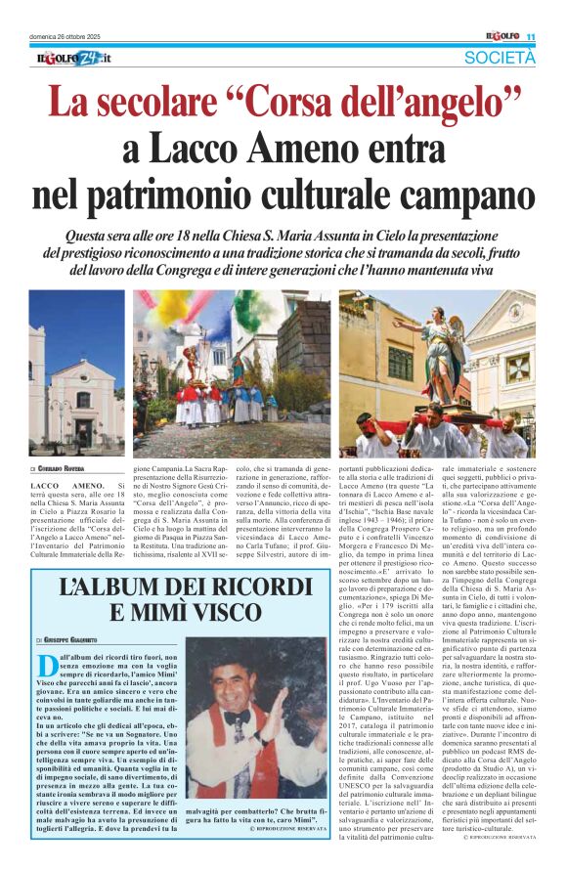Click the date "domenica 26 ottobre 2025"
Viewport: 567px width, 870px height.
[x=72, y=37]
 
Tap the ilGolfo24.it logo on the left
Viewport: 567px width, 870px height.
[x=68, y=59]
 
